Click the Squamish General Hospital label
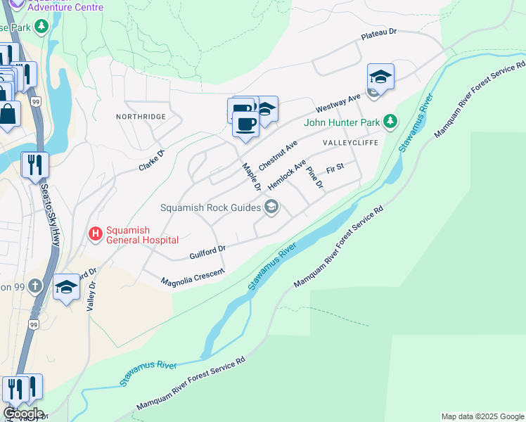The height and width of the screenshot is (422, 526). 141,235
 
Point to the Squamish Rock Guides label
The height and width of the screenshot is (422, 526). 210,207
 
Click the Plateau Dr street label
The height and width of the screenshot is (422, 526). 379,33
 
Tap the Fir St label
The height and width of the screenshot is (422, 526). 335,168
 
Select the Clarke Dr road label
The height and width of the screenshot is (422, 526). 151,162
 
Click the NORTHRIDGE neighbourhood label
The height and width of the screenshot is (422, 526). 141,116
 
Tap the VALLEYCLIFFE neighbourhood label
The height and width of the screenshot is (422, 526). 350,143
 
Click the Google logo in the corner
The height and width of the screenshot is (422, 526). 23,414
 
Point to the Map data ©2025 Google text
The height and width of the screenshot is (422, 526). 482,416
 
